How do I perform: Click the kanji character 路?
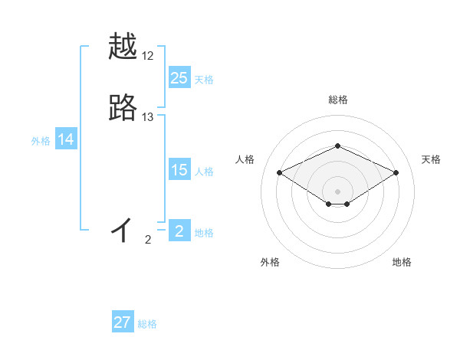(123, 108)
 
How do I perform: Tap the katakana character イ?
(123, 229)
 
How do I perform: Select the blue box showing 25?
(179, 78)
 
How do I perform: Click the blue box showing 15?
(179, 171)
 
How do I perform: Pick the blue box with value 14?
(66, 139)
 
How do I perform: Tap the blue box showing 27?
(123, 322)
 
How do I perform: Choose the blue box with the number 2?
(179, 231)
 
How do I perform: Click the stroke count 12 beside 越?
(148, 57)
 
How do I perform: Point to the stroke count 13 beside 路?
(148, 117)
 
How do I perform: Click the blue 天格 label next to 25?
(204, 80)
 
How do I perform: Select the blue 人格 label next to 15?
(204, 172)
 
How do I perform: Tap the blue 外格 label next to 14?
(40, 141)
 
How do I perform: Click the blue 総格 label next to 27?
(147, 324)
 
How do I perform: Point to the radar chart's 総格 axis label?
(337, 100)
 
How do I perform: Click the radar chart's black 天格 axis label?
(432, 159)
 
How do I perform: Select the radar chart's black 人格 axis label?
(245, 159)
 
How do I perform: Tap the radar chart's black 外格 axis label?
(270, 262)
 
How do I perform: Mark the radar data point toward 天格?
(396, 172)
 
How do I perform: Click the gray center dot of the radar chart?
(337, 191)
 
